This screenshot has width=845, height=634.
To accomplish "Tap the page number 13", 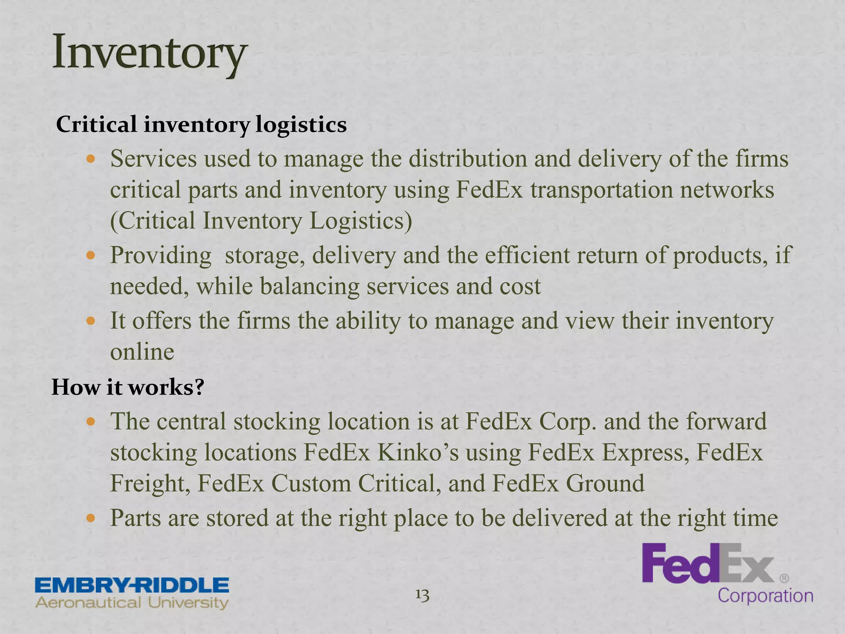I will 422,595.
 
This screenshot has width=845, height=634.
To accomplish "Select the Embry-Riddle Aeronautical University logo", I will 132,593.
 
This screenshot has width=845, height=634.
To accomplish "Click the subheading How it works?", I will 127,387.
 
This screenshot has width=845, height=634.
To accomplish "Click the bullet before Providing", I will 91,255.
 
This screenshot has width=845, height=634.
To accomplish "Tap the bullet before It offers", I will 91,321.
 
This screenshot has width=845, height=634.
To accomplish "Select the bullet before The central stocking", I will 91,422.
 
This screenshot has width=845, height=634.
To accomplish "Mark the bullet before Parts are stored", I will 91,518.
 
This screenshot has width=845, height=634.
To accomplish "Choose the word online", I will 142,352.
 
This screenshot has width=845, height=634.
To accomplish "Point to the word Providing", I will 161,255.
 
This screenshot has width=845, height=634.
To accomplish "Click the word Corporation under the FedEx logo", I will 765,596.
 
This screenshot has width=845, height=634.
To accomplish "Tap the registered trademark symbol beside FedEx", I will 784,579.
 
